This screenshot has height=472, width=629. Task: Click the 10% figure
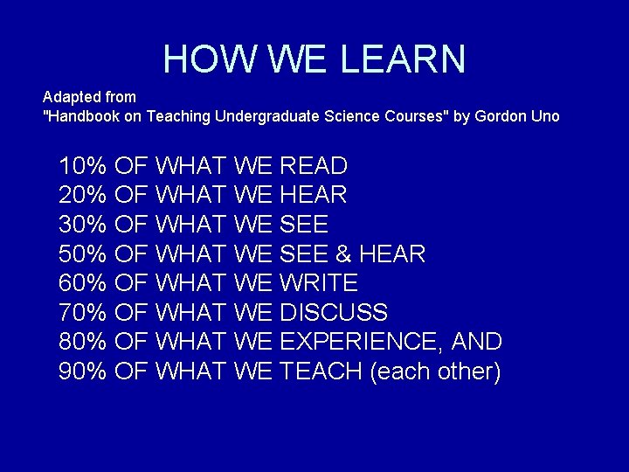tap(82, 165)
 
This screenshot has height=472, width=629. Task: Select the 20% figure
tap(82, 194)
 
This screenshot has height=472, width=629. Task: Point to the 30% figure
tap(82, 224)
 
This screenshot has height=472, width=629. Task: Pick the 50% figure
tap(82, 253)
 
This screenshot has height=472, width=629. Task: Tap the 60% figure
tap(82, 282)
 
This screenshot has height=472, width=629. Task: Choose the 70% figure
tap(82, 312)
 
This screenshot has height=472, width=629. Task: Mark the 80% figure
tap(82, 342)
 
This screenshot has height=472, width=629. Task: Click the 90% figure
tap(82, 371)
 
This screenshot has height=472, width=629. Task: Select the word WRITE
tap(319, 282)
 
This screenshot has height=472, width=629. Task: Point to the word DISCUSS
tap(334, 312)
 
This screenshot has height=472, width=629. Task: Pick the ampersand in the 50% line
tap(343, 253)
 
